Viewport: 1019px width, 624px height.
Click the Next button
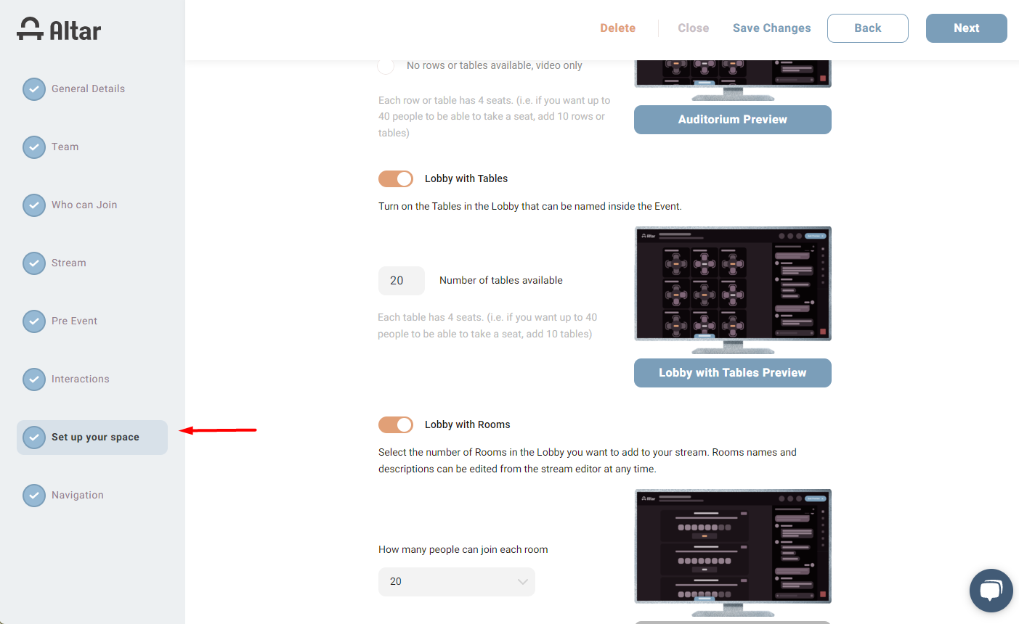(x=966, y=28)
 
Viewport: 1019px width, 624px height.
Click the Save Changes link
(x=771, y=28)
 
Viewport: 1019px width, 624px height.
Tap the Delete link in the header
(x=617, y=28)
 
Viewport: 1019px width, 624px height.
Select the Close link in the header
(x=694, y=28)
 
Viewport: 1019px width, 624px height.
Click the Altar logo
(x=59, y=30)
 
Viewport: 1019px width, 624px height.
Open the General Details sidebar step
(x=88, y=89)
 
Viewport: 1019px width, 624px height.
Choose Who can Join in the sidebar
(x=84, y=205)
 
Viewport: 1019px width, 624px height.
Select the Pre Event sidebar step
(x=74, y=321)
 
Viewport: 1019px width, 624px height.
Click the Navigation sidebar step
(x=77, y=495)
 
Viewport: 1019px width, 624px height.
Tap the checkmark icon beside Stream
(x=34, y=263)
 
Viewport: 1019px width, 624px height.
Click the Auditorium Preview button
(x=732, y=120)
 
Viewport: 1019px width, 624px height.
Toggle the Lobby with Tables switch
(x=396, y=178)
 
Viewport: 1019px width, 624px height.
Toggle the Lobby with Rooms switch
(x=396, y=424)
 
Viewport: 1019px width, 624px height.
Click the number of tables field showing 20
(x=401, y=280)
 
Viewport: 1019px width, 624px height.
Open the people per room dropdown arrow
(x=523, y=582)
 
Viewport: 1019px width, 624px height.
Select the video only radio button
(x=386, y=66)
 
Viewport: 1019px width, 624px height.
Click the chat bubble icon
(x=991, y=591)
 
